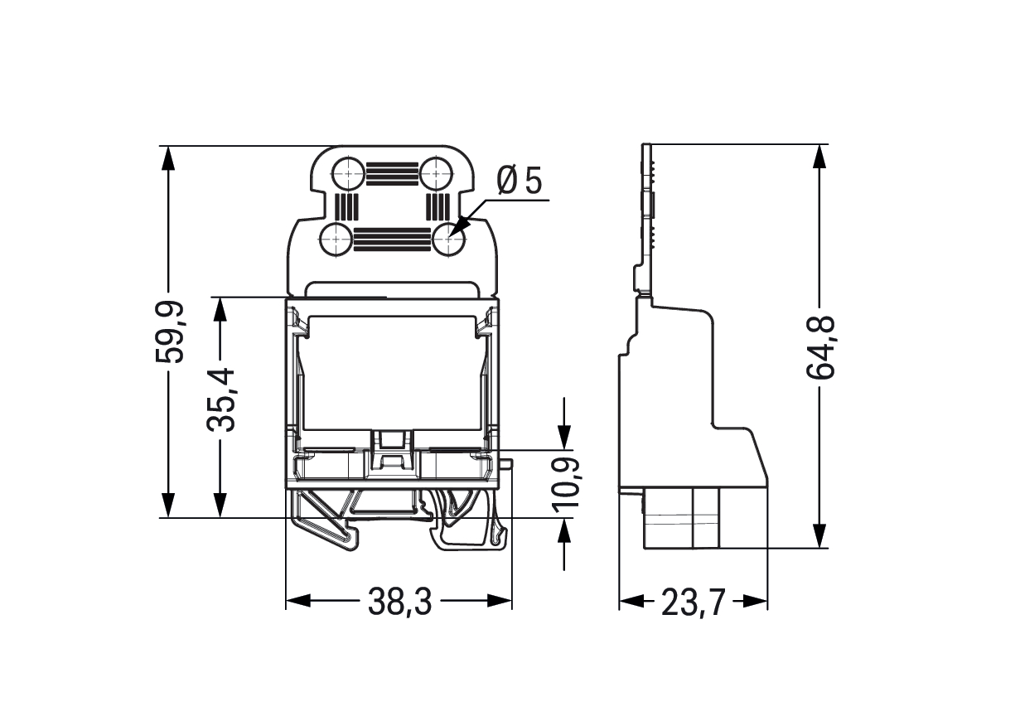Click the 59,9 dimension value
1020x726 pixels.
click(169, 332)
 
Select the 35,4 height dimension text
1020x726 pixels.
click(220, 400)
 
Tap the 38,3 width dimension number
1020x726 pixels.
click(399, 602)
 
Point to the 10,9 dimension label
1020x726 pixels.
click(564, 484)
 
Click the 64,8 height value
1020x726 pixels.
click(820, 347)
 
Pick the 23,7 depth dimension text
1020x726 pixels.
click(693, 603)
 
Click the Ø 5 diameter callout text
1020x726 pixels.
click(520, 180)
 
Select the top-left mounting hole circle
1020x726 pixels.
click(348, 173)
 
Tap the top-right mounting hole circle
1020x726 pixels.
click(437, 173)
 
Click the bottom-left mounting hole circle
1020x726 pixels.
click(336, 240)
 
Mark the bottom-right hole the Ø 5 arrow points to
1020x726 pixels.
click(449, 240)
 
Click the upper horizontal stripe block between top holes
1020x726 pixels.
click(392, 173)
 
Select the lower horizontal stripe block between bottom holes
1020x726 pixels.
click(392, 240)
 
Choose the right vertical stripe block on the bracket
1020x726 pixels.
click(437, 206)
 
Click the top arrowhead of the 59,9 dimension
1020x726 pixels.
click(169, 158)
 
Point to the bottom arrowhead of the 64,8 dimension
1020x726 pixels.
click(819, 535)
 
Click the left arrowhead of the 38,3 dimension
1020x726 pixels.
click(297, 601)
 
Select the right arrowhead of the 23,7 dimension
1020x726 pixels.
click(755, 601)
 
